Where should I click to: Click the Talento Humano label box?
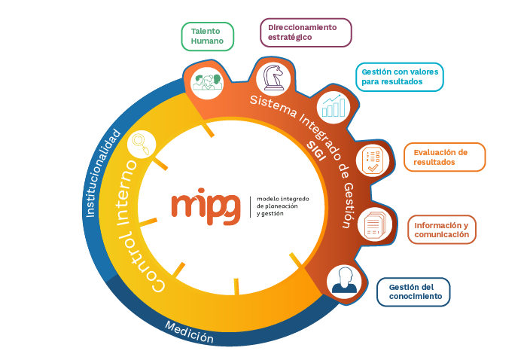pos(207,36)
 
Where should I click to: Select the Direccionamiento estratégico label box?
pos(306,32)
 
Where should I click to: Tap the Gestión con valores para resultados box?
pos(399,76)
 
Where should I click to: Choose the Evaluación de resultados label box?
pos(444,157)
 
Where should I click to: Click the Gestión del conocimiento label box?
pos(413,291)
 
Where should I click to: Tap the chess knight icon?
pos(271,77)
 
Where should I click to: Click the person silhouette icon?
pos(344,280)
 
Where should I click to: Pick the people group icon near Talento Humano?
pos(206,82)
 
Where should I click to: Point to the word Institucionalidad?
pos(102,172)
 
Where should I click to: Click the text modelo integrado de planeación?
pos(283,205)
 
